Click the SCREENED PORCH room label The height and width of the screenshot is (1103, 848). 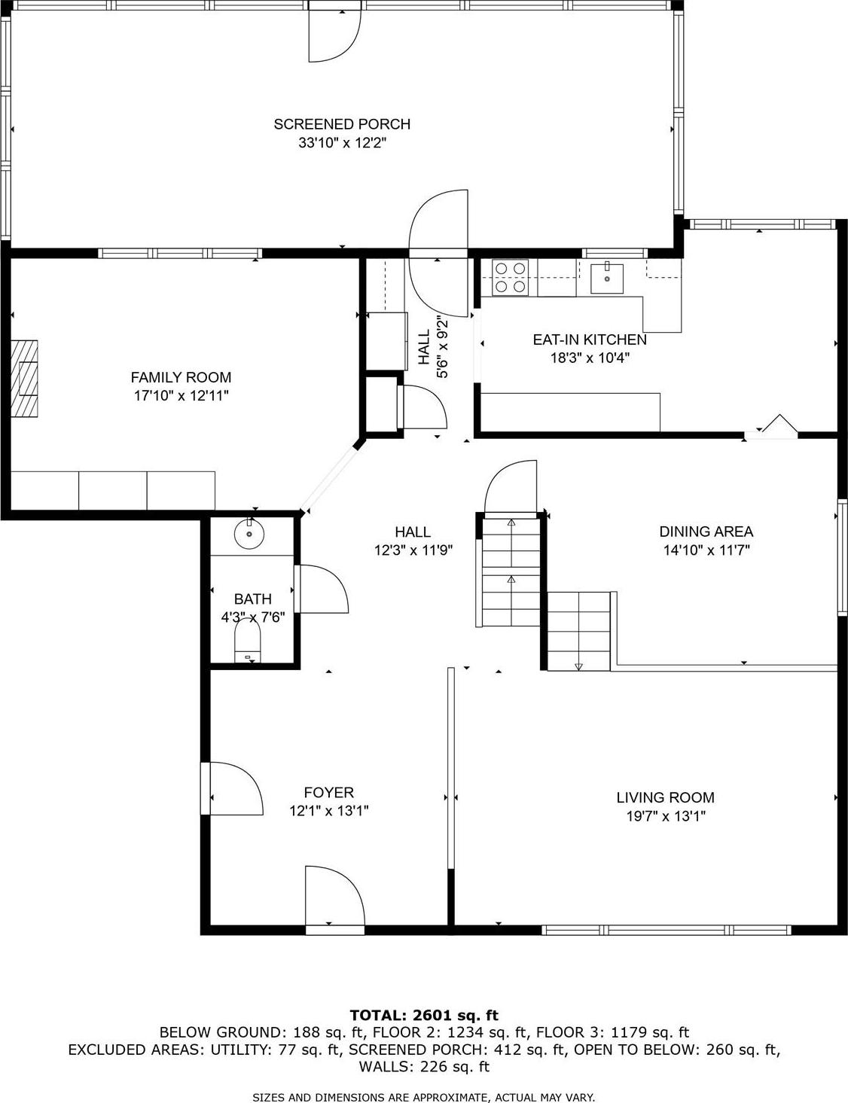tap(341, 124)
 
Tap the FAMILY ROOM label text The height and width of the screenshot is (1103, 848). tap(181, 377)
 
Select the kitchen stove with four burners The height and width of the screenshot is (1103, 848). tap(510, 277)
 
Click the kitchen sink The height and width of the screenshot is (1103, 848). tap(606, 278)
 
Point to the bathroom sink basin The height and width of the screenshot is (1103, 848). tap(249, 535)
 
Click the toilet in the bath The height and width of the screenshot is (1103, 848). tap(247, 644)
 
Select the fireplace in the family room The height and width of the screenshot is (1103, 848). tap(24, 378)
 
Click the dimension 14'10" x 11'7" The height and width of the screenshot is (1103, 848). tap(706, 550)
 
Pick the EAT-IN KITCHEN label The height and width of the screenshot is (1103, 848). tap(590, 340)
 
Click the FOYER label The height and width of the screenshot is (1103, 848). tap(328, 792)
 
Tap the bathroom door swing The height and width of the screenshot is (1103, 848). tap(322, 590)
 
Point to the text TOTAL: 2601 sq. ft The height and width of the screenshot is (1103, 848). tap(424, 1015)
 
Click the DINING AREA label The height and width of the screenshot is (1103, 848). tap(706, 532)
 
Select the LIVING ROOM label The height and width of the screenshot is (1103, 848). tap(665, 797)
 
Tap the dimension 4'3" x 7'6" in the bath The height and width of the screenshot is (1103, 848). tap(252, 617)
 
